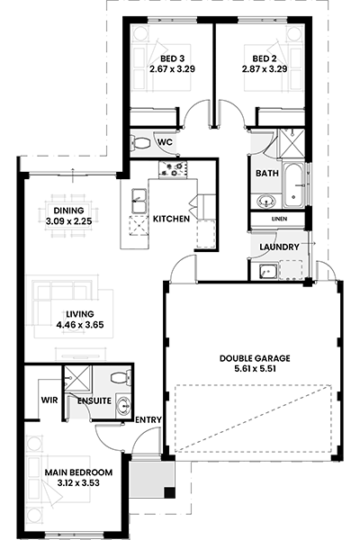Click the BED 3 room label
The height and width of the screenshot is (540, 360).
172,58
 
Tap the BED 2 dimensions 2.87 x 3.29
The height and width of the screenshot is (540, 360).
265,69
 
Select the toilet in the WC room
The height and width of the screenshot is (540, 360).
139,142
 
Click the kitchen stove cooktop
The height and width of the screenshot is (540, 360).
174,169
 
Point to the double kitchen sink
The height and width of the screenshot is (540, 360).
139,201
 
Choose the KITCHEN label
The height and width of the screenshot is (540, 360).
171,219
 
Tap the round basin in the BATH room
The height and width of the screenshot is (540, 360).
266,201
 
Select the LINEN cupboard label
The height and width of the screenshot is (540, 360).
279,219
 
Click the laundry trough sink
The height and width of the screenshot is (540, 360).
268,271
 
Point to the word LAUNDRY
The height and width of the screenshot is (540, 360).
279,247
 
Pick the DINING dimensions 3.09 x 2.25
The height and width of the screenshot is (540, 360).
68,221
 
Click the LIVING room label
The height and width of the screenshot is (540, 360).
80,314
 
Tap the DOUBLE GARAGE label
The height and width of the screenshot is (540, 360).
255,358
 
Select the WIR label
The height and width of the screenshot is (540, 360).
49,400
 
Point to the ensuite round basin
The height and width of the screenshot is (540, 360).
123,406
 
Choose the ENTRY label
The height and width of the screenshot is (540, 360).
148,419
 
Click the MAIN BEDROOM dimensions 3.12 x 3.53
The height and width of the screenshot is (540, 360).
78,482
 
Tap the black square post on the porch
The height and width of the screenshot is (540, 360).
169,493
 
